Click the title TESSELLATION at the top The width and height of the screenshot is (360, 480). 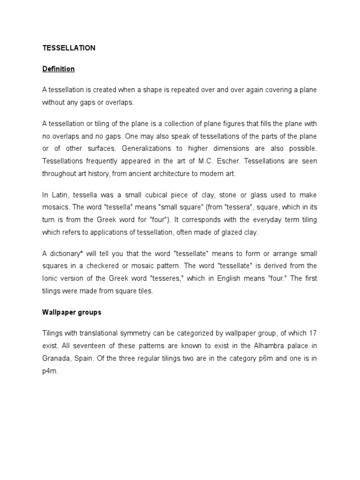point(69,48)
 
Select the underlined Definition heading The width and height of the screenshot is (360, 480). point(59,69)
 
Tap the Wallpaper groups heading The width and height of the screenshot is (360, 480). point(72,312)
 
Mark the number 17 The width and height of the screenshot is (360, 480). point(313,333)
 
